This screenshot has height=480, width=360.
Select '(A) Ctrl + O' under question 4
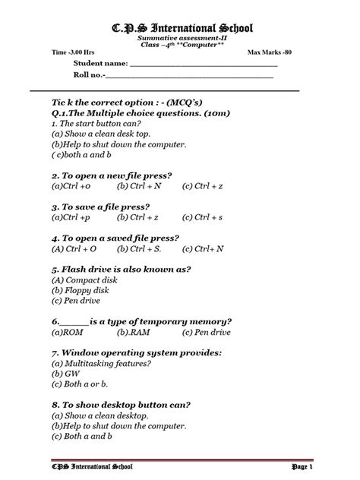pos(74,248)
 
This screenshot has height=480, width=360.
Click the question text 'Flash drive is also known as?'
pos(125,269)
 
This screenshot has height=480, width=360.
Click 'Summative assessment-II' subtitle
pos(179,37)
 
